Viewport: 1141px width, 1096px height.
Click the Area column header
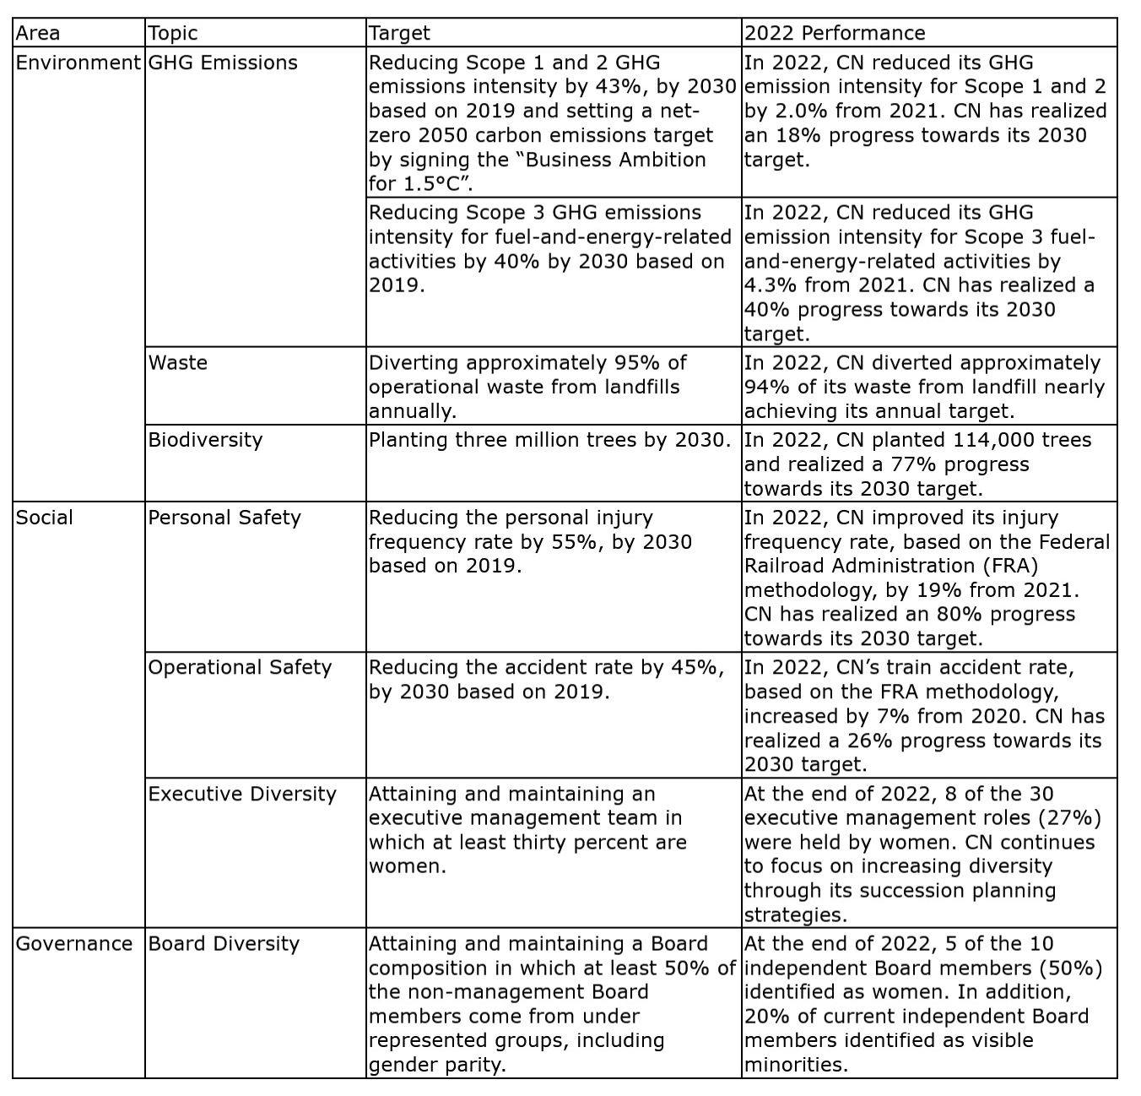coord(38,33)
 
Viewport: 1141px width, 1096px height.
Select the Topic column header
coord(173,33)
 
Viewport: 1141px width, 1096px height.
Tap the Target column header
coord(399,33)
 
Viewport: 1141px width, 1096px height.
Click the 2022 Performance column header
coord(834,33)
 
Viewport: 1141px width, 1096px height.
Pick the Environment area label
coord(78,62)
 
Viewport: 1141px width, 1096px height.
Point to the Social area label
coord(45,518)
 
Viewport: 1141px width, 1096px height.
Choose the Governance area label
coord(74,943)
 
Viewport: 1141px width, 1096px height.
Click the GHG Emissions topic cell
coord(223,62)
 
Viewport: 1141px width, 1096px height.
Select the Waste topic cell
coord(178,362)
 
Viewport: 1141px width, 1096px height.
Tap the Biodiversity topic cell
coord(205,440)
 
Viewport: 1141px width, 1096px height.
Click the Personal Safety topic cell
coord(224,518)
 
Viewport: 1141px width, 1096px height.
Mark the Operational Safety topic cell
coord(240,667)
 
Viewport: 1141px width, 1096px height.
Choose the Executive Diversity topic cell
coord(242,794)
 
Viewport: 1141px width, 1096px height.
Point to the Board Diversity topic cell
coord(224,943)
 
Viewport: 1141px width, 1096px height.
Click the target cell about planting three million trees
coord(549,440)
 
